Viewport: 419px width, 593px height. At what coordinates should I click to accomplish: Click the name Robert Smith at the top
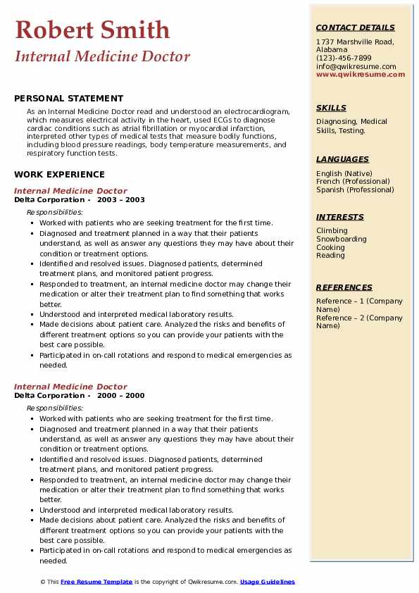[x=92, y=30]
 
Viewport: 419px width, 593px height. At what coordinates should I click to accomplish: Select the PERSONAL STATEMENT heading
[x=68, y=99]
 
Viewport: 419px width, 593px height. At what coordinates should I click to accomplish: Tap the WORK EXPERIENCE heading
[x=59, y=174]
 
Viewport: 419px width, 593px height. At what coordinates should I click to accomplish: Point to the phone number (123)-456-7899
[x=344, y=58]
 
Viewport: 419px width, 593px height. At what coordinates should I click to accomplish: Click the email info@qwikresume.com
[x=356, y=66]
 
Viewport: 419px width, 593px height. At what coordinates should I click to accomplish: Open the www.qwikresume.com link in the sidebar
[x=361, y=74]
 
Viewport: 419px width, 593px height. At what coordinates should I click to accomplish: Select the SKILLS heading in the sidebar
[x=331, y=108]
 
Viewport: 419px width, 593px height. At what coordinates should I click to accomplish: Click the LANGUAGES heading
[x=342, y=159]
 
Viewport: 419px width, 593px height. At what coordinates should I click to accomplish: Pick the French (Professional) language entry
[x=354, y=182]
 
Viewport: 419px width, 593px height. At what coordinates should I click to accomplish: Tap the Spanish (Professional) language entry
[x=355, y=189]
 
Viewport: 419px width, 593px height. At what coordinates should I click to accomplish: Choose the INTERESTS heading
[x=340, y=217]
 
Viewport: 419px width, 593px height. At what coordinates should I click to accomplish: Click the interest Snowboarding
[x=342, y=239]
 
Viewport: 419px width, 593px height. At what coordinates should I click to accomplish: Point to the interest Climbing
[x=332, y=230]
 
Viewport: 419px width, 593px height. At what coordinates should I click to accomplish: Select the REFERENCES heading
[x=344, y=287]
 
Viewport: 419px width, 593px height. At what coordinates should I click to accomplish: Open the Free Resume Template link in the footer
[x=96, y=582]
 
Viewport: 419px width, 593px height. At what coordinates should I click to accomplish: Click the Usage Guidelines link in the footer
[x=268, y=582]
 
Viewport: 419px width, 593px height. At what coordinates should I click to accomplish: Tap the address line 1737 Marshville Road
[x=354, y=42]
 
